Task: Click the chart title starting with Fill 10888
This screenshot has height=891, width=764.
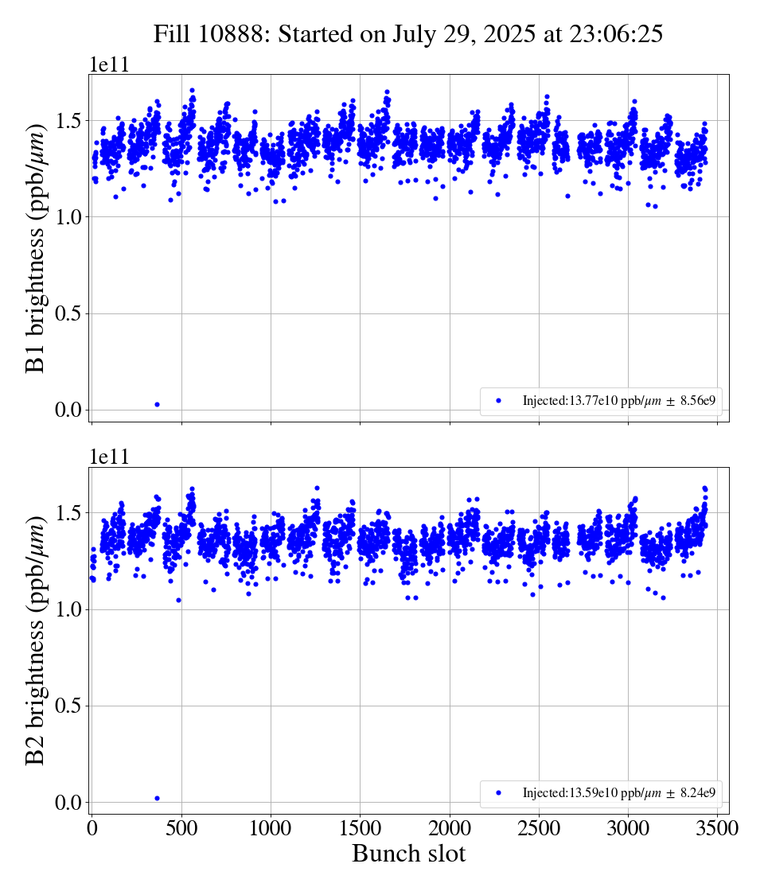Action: click(x=408, y=34)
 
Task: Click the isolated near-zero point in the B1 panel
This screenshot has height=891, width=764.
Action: click(x=157, y=404)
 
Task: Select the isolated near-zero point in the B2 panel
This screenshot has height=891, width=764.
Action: click(x=157, y=798)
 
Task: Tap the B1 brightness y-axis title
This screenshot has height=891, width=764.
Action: click(x=37, y=247)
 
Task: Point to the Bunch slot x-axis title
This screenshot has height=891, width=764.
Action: click(x=408, y=854)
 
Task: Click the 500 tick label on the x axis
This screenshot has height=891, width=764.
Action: click(x=181, y=828)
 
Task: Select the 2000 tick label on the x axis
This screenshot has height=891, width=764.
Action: click(x=450, y=828)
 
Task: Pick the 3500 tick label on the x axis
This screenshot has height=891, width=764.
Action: click(x=718, y=828)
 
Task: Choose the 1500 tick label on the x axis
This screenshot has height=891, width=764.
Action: click(x=361, y=828)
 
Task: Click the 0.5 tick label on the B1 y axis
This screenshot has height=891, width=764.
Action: click(x=68, y=313)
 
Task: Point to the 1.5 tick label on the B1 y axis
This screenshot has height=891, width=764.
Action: click(x=68, y=120)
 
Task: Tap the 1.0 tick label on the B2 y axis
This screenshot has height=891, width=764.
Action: click(x=68, y=609)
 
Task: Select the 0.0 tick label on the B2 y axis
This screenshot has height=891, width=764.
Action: click(x=68, y=802)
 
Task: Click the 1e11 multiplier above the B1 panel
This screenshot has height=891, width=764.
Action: click(x=109, y=65)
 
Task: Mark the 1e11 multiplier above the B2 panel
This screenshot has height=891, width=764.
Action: click(x=109, y=457)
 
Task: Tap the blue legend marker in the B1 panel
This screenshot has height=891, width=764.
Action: click(x=499, y=401)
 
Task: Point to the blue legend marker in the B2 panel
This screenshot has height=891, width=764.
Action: click(x=499, y=793)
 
